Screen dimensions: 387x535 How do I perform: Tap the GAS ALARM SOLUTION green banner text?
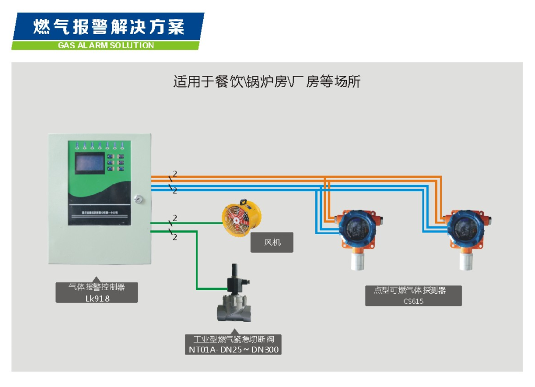(106, 46)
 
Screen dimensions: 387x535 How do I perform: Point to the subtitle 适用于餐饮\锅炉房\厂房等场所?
(266, 82)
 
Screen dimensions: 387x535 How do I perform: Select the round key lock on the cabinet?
(139, 199)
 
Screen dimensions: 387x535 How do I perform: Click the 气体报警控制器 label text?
(97, 287)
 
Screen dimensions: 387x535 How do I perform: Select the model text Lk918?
(97, 298)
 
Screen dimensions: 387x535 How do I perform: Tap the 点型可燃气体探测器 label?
(413, 291)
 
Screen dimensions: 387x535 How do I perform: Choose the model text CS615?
(413, 301)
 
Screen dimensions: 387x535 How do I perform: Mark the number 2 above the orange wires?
(175, 173)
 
